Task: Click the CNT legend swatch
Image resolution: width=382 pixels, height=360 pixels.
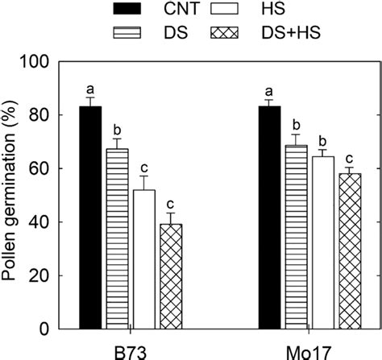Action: click(x=127, y=10)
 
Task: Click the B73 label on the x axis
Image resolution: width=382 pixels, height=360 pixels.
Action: click(x=131, y=351)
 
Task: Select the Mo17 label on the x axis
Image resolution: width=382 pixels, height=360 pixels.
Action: click(x=309, y=351)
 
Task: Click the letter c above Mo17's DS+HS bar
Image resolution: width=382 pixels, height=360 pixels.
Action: click(x=351, y=159)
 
